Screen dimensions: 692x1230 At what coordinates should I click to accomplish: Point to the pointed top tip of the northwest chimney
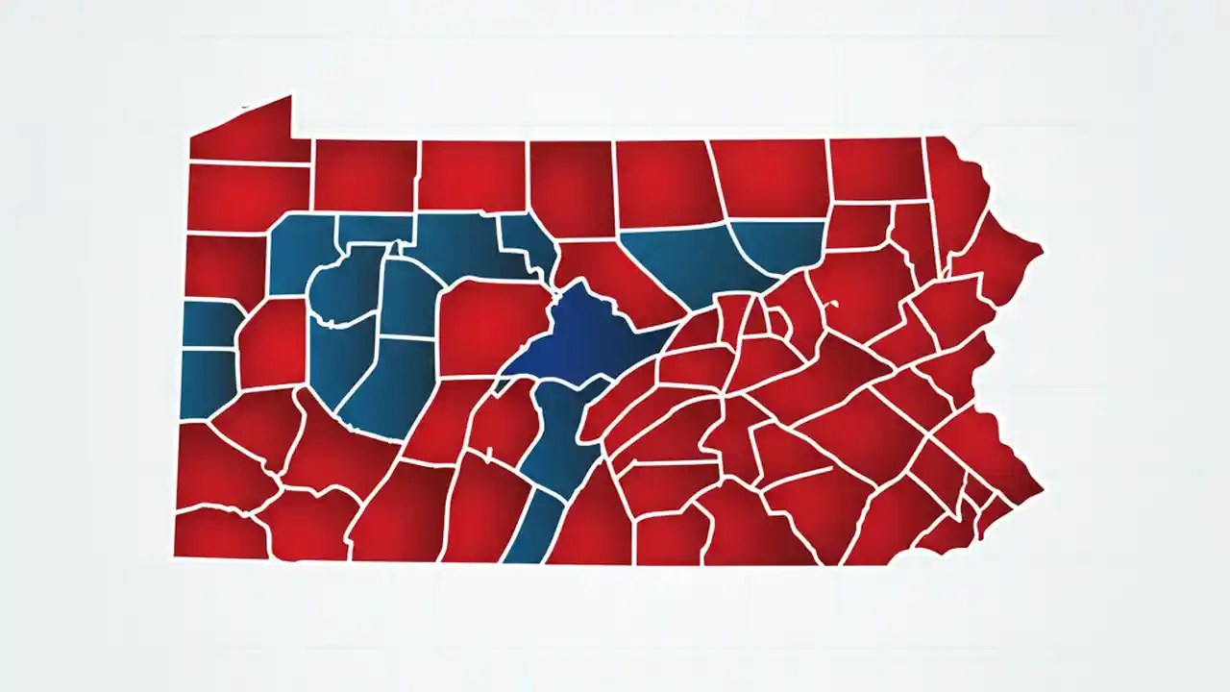click(x=289, y=96)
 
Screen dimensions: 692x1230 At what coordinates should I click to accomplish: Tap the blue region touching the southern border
click(x=529, y=529)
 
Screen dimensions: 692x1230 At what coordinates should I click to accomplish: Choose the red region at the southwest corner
click(x=219, y=533)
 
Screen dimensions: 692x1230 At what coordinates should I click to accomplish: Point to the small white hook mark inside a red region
click(x=833, y=305)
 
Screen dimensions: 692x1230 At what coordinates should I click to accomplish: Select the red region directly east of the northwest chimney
click(x=364, y=175)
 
